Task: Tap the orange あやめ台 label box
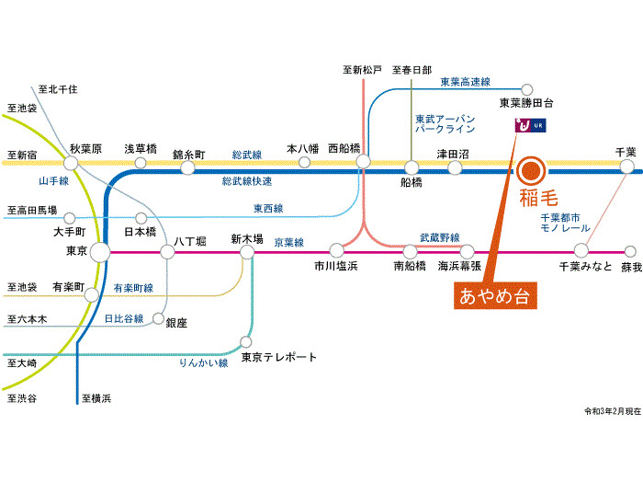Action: [x=497, y=296]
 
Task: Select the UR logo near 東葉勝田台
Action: [x=531, y=126]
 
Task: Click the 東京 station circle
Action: [x=100, y=250]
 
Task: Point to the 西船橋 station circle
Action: [x=363, y=161]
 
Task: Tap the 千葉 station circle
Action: [x=626, y=167]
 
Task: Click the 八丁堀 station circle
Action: [x=166, y=250]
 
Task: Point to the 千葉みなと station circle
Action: [x=581, y=250]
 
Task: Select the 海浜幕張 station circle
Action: [x=467, y=250]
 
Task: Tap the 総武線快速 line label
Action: [x=247, y=181]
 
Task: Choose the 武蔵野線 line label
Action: [x=440, y=237]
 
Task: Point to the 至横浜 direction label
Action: [x=96, y=398]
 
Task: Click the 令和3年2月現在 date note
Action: [x=612, y=410]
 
